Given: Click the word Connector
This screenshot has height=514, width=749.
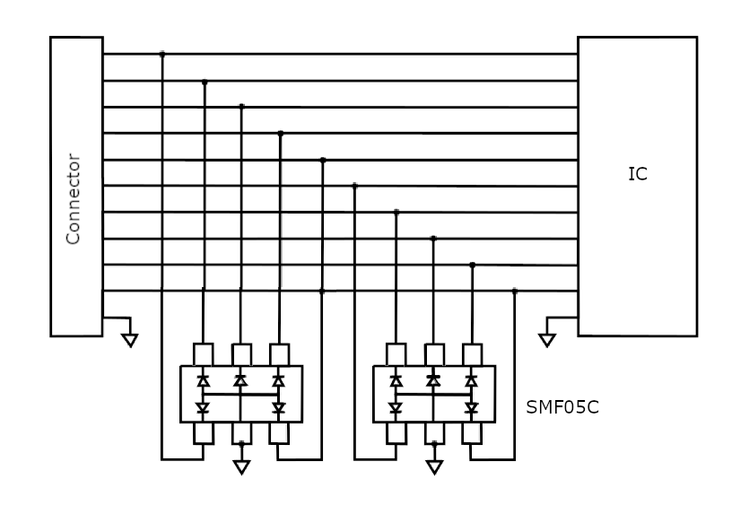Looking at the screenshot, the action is [73, 199].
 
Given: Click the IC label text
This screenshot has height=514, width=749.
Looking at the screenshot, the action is [638, 174].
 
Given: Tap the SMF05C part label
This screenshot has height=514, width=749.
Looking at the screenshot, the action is [562, 407].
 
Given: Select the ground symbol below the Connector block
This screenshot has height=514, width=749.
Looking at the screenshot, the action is [130, 340].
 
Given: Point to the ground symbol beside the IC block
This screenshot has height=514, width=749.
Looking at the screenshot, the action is [547, 340].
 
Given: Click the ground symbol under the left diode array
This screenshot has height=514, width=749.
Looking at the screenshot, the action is [241, 467].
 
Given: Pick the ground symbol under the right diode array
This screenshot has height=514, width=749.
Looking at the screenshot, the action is [434, 467].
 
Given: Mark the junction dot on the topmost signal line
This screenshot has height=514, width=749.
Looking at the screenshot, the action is [162, 55].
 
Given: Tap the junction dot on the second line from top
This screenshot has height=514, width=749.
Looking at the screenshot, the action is [205, 83].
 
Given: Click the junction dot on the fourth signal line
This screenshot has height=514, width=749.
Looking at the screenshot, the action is [281, 134].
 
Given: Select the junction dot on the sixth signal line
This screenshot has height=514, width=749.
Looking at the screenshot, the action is [355, 186].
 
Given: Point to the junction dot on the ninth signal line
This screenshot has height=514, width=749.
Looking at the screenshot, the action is [473, 266].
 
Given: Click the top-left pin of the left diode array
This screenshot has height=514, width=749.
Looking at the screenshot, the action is [203, 354].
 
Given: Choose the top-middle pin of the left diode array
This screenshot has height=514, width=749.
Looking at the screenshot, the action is [241, 354].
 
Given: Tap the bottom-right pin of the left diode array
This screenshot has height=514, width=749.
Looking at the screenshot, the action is [279, 433].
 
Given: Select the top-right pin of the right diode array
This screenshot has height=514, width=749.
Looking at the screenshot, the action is [472, 354].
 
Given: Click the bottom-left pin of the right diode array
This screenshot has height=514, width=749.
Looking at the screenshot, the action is [396, 433].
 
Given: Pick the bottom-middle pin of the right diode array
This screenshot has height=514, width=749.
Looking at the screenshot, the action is [434, 433].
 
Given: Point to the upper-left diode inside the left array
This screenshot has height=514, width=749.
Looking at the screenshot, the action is [203, 380].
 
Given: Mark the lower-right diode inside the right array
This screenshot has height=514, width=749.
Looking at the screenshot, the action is [472, 408].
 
